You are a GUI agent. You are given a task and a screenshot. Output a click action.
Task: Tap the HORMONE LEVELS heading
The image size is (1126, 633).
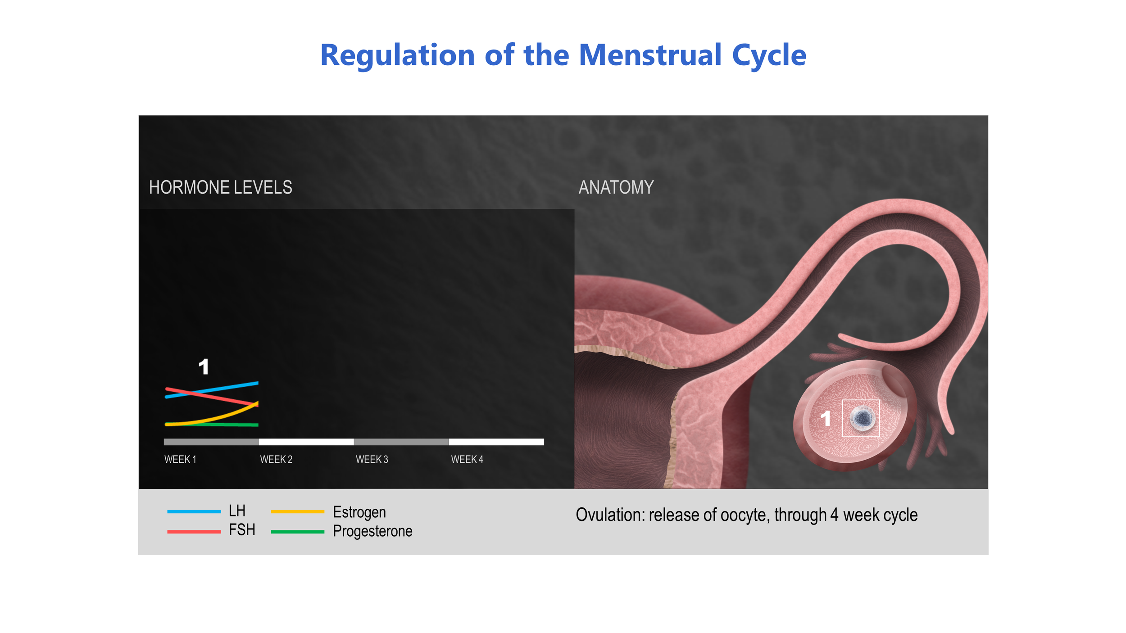[220, 187]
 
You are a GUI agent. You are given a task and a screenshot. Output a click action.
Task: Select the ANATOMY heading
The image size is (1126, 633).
[616, 187]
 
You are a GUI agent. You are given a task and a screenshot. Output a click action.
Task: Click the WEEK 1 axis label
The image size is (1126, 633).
[180, 459]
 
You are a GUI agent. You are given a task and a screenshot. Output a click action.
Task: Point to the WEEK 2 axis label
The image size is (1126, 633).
[276, 459]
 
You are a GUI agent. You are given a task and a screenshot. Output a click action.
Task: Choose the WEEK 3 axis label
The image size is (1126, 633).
[372, 459]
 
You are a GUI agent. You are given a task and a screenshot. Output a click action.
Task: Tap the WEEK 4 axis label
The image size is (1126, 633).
[467, 459]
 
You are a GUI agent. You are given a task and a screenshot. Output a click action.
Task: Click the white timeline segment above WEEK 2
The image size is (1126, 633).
[306, 442]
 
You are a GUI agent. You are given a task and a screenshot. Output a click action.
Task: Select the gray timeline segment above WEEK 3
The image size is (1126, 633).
[401, 442]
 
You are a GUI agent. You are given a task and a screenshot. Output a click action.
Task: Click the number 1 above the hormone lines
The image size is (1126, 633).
[204, 367]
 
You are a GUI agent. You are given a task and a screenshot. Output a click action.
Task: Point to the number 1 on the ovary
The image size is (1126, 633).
[825, 419]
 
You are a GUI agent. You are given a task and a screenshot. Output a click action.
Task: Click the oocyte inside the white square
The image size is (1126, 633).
[862, 418]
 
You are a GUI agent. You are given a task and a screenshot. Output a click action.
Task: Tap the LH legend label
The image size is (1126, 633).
[237, 511]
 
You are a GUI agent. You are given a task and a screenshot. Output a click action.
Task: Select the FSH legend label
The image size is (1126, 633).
[242, 530]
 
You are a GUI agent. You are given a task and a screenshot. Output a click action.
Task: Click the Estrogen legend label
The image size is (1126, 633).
[359, 512]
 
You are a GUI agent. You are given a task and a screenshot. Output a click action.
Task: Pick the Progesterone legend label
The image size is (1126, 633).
[372, 531]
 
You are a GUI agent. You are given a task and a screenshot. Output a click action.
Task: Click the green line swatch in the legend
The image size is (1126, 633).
[297, 532]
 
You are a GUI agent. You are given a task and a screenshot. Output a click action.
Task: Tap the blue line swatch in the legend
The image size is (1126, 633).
[194, 511]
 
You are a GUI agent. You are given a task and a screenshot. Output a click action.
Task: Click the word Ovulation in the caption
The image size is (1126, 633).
[610, 515]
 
